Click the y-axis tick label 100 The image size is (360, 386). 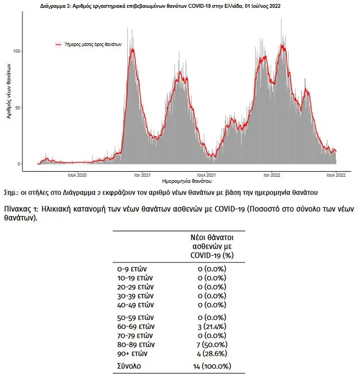16,51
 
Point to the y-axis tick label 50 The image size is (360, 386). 17,108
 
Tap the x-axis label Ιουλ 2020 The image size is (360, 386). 77,175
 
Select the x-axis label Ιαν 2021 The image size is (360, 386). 142,175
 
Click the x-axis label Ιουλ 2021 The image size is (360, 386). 206,175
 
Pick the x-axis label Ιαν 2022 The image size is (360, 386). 271,175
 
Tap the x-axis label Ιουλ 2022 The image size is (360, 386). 336,175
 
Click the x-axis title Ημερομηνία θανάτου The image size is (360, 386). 187,181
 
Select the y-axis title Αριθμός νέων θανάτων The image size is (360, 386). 9,91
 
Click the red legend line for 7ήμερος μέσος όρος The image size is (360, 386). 58,44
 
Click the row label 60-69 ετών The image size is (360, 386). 136,327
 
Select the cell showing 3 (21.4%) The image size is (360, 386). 212,327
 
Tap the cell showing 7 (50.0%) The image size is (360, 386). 212,344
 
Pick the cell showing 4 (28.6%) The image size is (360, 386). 212,354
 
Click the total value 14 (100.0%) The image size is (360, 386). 212,366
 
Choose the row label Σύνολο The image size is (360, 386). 129,366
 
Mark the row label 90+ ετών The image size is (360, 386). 132,354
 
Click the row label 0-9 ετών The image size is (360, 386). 132,269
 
